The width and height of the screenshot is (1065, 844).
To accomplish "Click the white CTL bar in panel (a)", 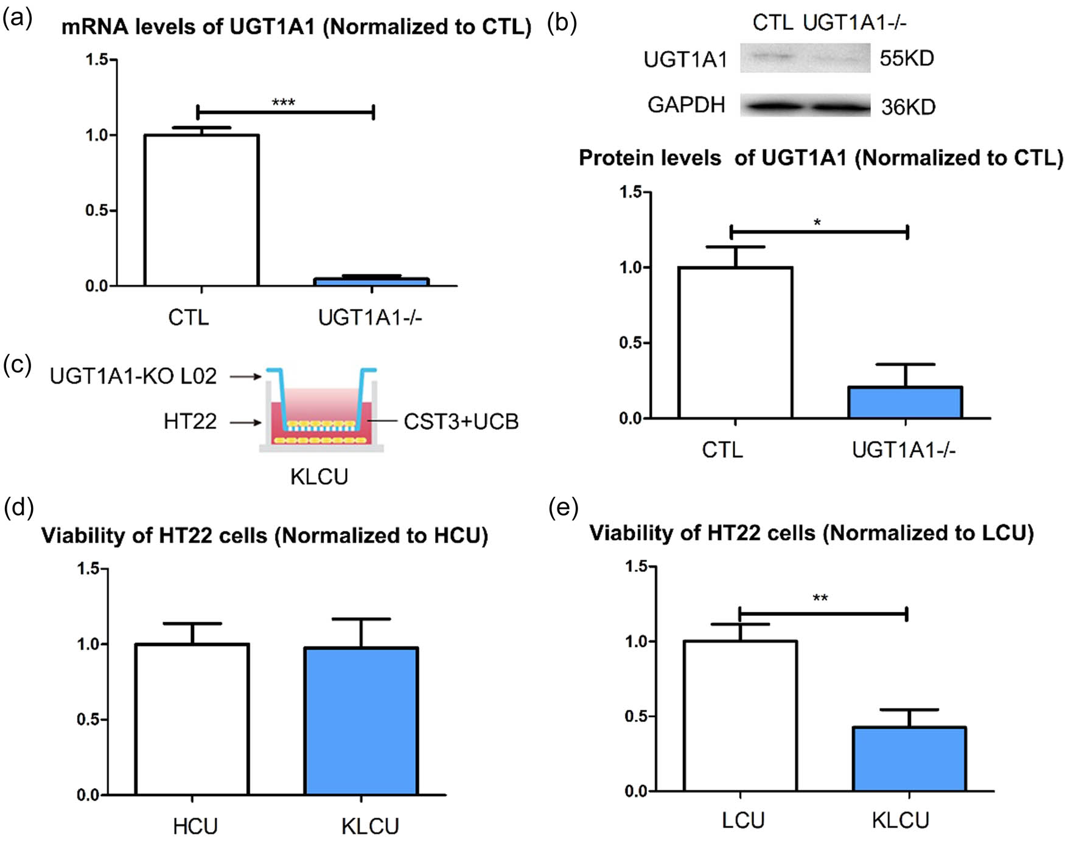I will tap(201, 210).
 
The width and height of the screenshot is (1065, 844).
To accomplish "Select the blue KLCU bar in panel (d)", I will tap(361, 721).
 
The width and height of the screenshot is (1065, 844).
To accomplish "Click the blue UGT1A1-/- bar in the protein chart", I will tap(905, 403).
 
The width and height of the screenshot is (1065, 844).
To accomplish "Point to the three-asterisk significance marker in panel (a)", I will tap(284, 102).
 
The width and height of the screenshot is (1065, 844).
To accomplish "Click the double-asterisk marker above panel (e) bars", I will tap(820, 598).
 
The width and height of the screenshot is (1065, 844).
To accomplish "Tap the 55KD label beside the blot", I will tap(906, 58).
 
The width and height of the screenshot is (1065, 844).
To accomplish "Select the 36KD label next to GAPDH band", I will tap(908, 107).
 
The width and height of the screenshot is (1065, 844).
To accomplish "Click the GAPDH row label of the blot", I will tap(686, 105).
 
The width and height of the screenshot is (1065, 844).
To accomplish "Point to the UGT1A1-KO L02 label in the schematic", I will tap(133, 376).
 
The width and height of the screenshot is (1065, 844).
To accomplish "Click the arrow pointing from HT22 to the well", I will tap(246, 422).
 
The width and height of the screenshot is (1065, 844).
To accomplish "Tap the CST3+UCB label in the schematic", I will tap(461, 422).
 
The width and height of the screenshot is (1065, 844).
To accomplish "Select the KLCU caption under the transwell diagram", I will tap(319, 477).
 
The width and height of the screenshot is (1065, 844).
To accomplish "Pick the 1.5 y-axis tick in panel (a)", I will tap(96, 60).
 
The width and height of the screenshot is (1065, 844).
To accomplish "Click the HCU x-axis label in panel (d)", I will tap(195, 826).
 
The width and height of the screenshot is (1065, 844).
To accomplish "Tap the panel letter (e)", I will tap(563, 507).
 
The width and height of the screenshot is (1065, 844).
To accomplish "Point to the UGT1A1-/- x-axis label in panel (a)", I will tap(369, 317).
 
